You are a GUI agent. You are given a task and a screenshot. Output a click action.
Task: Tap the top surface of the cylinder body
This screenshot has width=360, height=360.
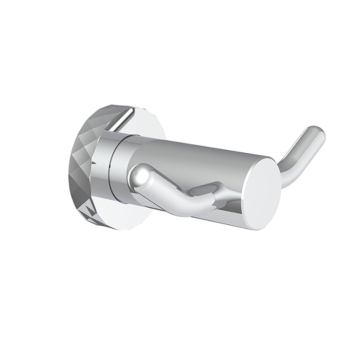[x=195, y=152]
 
